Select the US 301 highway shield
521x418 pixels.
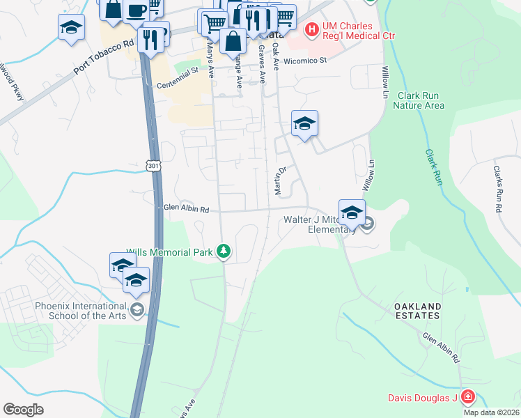(154, 165)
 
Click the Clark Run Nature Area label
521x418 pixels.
(419, 100)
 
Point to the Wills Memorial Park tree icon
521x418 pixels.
(223, 251)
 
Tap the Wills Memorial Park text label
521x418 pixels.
(169, 252)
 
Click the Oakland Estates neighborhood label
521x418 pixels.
(417, 311)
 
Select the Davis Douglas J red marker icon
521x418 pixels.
(467, 398)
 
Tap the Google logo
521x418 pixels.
(22, 410)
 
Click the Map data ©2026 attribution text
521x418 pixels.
(491, 412)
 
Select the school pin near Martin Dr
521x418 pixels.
(304, 123)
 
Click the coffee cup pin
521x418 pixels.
(137, 10)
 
